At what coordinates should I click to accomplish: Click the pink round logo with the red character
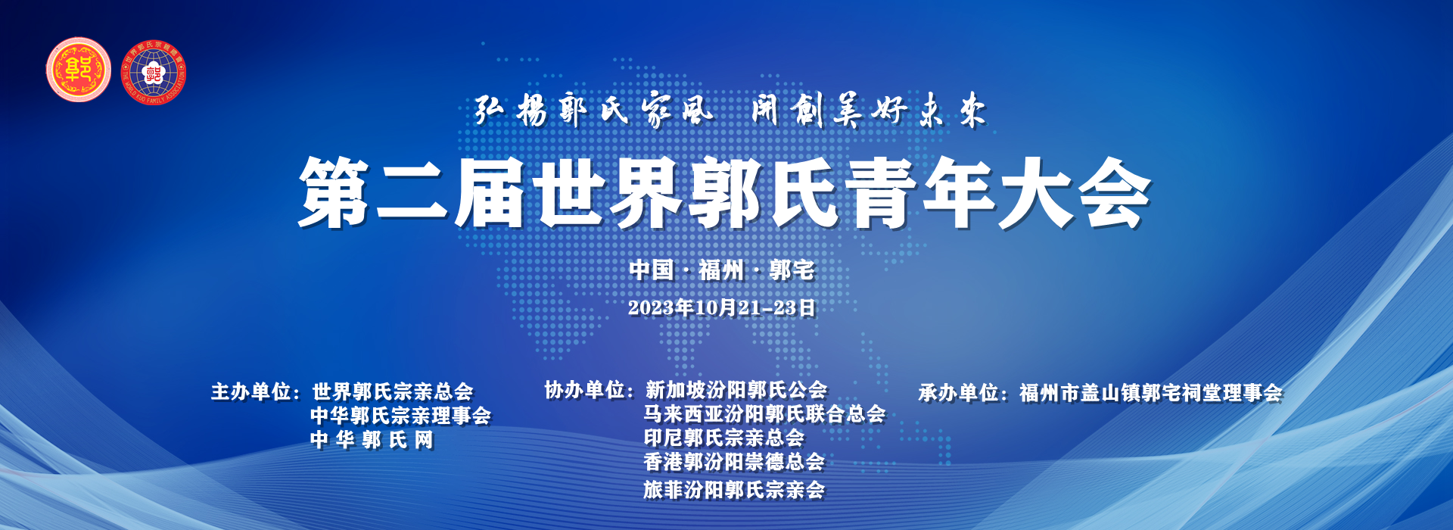[78, 70]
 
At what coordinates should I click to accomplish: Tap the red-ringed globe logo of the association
[154, 73]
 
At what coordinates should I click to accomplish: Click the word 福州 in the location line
[721, 270]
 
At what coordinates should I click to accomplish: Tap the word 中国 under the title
[652, 270]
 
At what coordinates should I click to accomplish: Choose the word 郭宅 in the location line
[792, 270]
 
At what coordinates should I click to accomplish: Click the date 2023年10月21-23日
[722, 307]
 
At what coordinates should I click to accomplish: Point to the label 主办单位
[250, 391]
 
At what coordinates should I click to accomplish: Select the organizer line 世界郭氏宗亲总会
[392, 391]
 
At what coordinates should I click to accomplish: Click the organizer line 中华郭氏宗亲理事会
[401, 416]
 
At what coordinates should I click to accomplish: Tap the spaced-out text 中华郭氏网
[372, 440]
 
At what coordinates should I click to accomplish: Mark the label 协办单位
[584, 390]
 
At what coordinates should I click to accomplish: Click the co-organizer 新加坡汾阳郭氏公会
[736, 390]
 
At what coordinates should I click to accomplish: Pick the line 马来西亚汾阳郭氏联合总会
[764, 414]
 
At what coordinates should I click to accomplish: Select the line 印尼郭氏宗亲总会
[724, 438]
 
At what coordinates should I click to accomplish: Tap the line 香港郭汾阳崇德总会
[734, 462]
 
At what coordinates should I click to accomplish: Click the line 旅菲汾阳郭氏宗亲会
[734, 490]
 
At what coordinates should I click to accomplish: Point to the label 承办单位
[959, 393]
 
